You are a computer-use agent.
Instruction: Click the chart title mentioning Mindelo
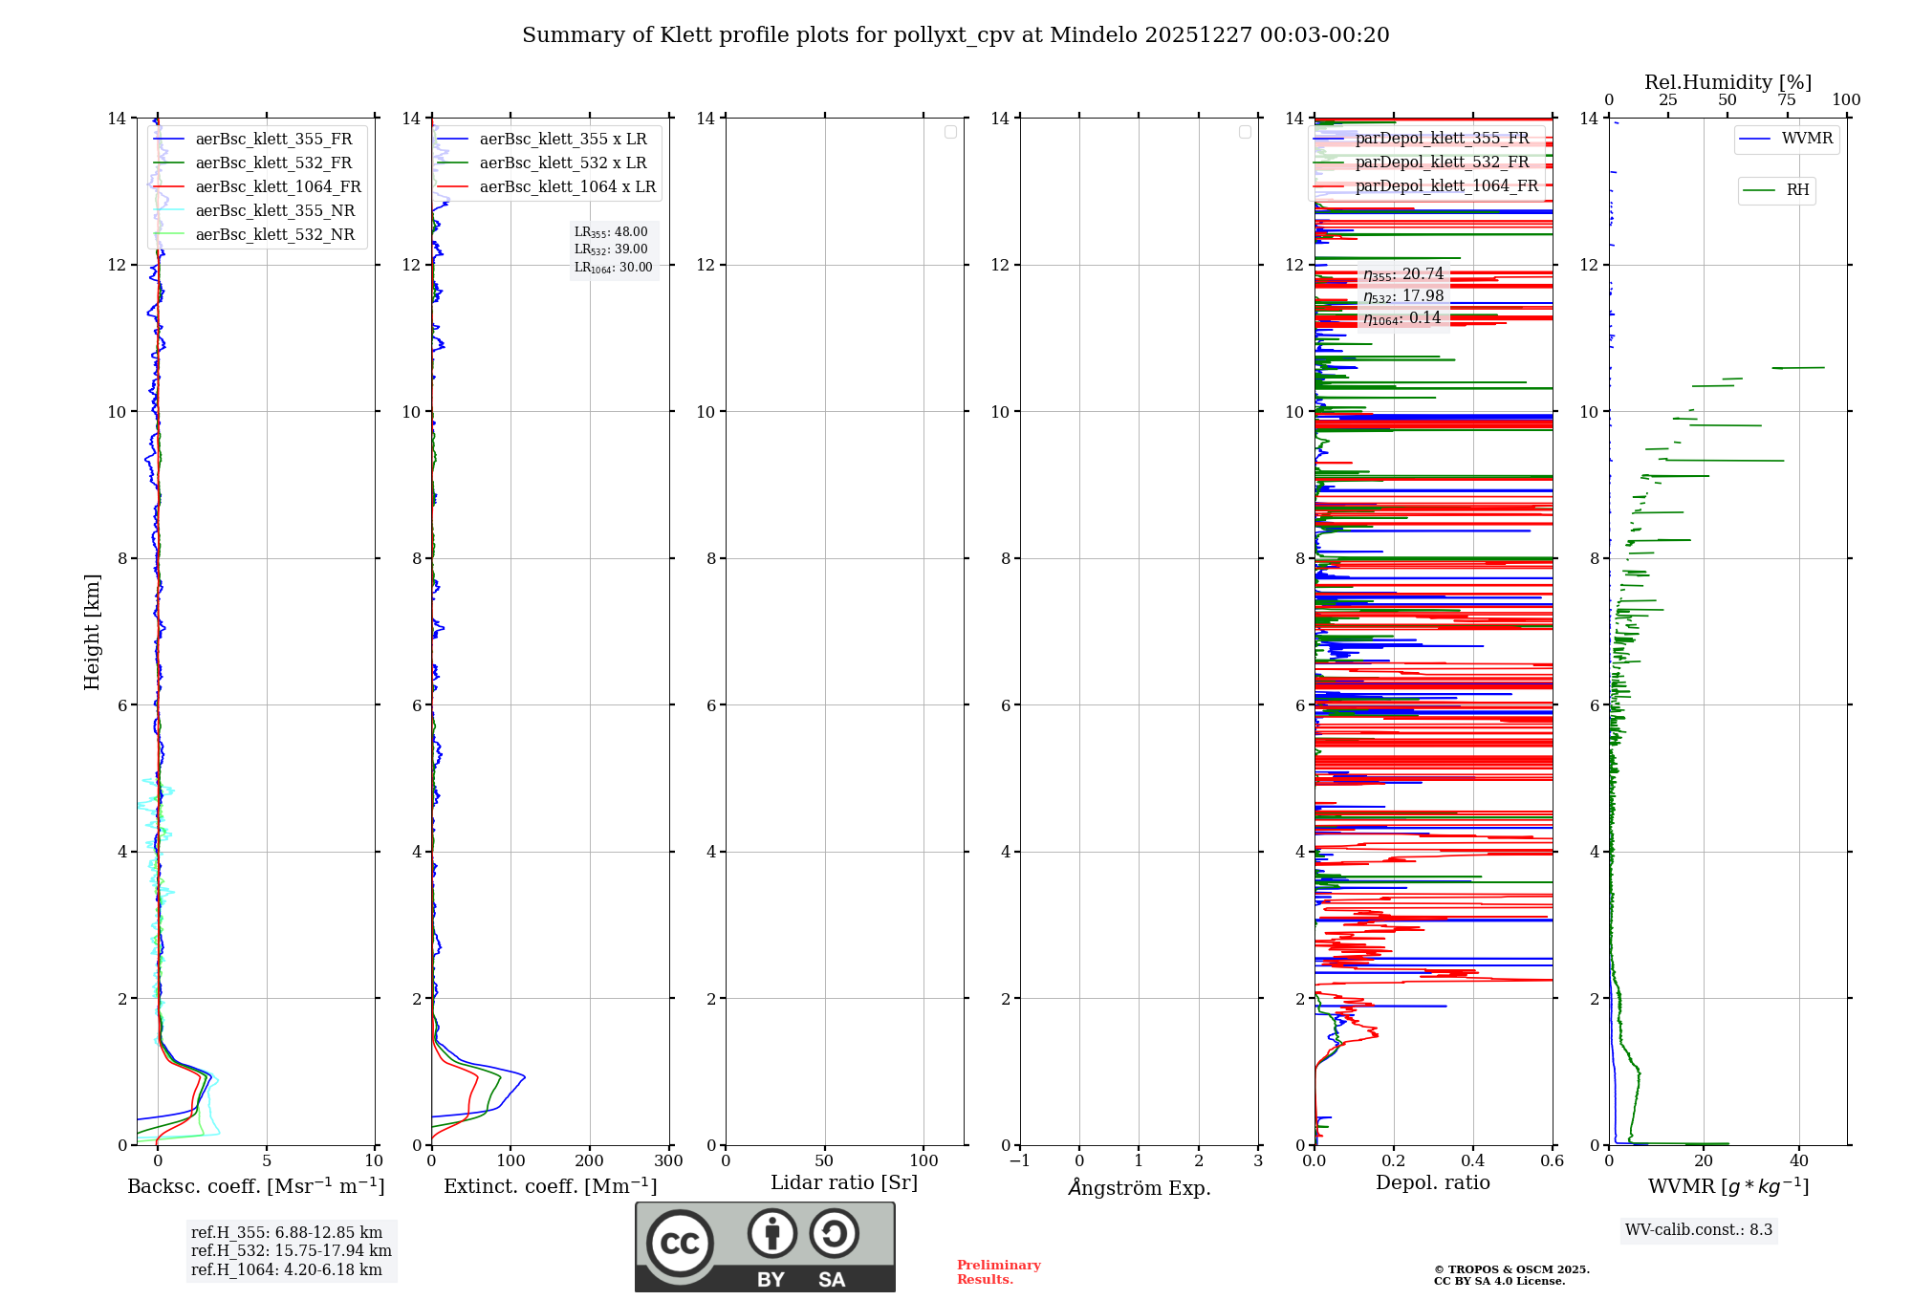(x=955, y=35)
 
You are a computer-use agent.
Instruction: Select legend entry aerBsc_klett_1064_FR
(x=277, y=187)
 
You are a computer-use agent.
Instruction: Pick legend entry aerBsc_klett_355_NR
(x=274, y=211)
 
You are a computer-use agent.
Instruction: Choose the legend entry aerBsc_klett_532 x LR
(x=562, y=163)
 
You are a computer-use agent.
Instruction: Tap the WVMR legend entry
(x=1806, y=139)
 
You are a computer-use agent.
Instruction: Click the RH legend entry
(x=1796, y=190)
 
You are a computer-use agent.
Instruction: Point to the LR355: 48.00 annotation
(x=611, y=232)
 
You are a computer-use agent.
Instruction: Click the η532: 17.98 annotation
(x=1403, y=296)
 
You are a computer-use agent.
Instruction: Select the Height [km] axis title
(x=92, y=632)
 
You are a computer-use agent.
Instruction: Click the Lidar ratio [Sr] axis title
(x=844, y=1183)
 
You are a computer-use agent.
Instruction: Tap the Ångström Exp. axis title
(x=1140, y=1187)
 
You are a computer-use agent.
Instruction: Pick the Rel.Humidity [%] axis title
(x=1727, y=82)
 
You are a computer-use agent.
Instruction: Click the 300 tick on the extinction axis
(x=669, y=1161)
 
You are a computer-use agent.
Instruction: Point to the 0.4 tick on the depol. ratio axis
(x=1473, y=1161)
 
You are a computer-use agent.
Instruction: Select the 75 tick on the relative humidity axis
(x=1787, y=100)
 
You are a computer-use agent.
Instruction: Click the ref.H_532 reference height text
(x=291, y=1251)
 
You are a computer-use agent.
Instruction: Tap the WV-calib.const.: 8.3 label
(x=1698, y=1230)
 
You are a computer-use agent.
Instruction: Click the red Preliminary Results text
(x=998, y=1272)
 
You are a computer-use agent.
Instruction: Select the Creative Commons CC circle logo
(x=680, y=1244)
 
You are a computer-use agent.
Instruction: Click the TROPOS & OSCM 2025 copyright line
(x=1510, y=1270)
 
